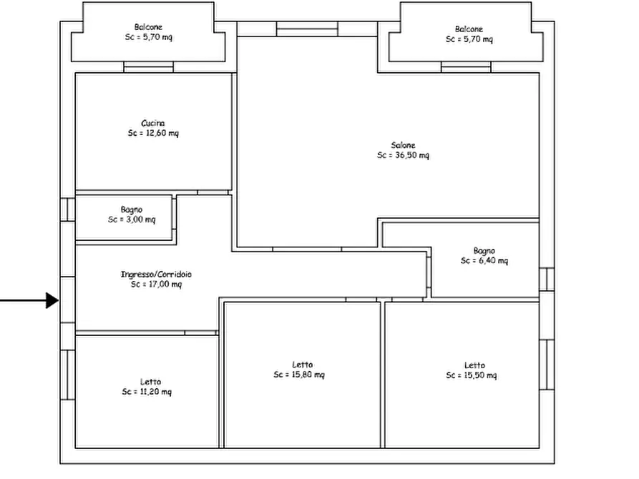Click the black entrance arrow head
pos(53,300)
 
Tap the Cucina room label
pos(153,123)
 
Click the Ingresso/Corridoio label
pos(156,274)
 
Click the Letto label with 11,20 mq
pos(150,382)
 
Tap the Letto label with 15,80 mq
pos(303,365)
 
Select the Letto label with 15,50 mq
pos(474,365)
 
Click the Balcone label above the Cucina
pos(148,27)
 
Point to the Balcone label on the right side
pos(469,29)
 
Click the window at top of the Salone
pos(307,29)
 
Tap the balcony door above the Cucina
pos(148,67)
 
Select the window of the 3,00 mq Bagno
pos(68,209)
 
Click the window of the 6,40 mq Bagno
pos(547,280)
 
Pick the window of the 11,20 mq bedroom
pos(68,375)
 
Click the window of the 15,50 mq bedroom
pos(547,365)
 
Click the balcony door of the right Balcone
pos(467,67)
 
